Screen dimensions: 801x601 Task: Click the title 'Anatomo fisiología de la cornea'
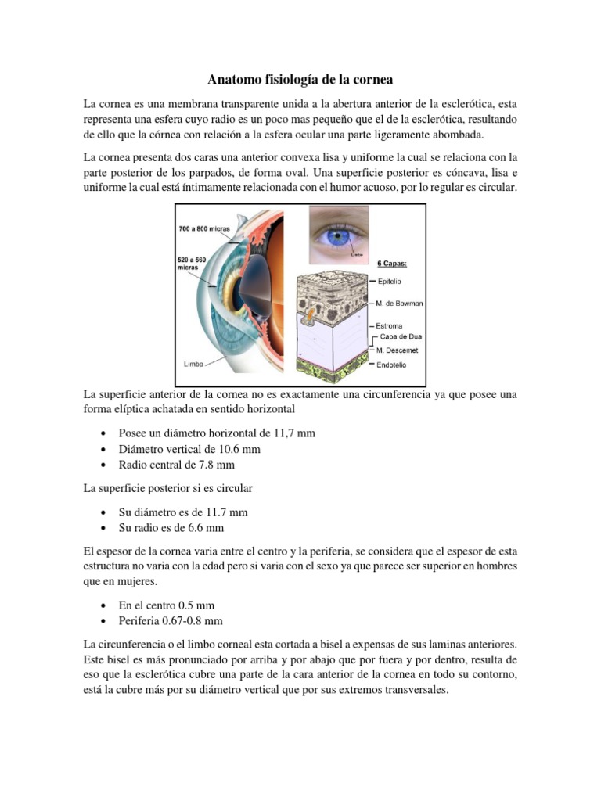pyautogui.click(x=300, y=80)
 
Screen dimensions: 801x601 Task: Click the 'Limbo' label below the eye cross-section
pyautogui.click(x=194, y=365)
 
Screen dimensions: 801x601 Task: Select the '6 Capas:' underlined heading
pyautogui.click(x=392, y=264)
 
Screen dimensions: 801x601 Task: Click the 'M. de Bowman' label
pyautogui.click(x=399, y=303)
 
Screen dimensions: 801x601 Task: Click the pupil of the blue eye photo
pyautogui.click(x=339, y=234)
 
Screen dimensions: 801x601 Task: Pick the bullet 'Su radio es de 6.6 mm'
pyautogui.click(x=171, y=528)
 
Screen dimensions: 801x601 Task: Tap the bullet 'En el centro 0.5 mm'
pyautogui.click(x=166, y=605)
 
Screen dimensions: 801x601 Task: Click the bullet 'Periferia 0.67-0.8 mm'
pyautogui.click(x=171, y=620)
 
